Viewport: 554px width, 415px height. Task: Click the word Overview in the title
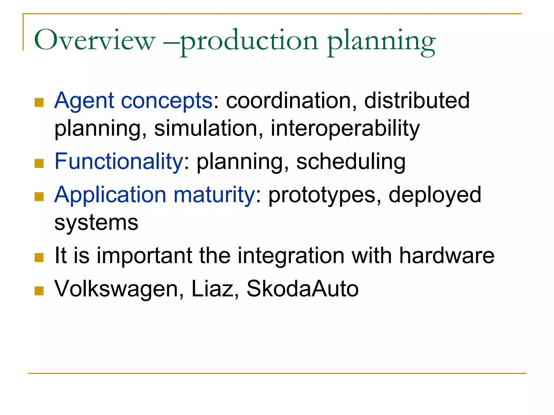coord(95,41)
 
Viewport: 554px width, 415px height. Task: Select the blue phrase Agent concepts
coord(133,101)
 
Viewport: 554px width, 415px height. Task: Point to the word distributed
coord(417,101)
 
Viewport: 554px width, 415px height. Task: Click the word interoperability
coord(345,128)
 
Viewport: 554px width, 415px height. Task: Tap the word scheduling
coord(351,162)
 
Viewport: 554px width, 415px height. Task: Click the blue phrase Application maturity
coord(154,195)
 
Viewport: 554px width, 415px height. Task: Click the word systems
coord(96,223)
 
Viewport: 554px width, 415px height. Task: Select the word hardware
coord(447,256)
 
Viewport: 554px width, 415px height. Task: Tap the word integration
coord(291,256)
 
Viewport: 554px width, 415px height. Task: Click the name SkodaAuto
coord(302,289)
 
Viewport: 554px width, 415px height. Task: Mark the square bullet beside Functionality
coord(39,163)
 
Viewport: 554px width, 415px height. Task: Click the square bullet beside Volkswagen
coord(39,291)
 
